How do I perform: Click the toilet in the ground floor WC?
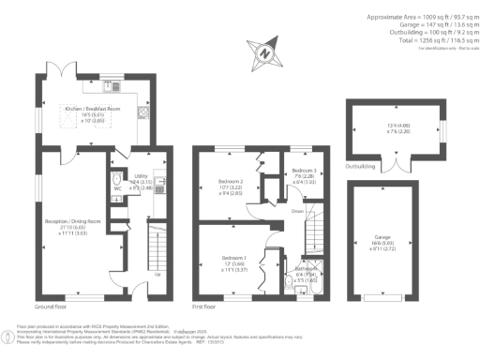point(115,177)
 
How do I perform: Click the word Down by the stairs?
point(298,212)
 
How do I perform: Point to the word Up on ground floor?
point(156,275)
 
